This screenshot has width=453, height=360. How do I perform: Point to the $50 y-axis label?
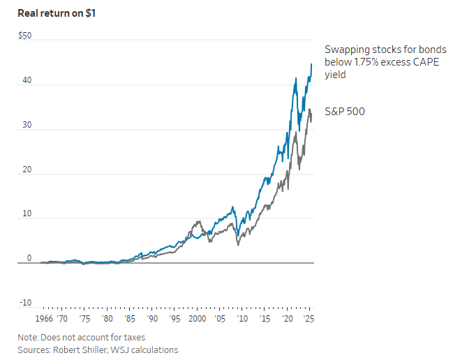(x=24, y=35)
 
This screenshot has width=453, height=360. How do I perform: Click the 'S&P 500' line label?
(x=345, y=111)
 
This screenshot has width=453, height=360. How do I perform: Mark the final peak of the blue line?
(x=311, y=64)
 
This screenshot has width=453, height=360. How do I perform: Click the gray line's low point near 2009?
(x=238, y=244)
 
